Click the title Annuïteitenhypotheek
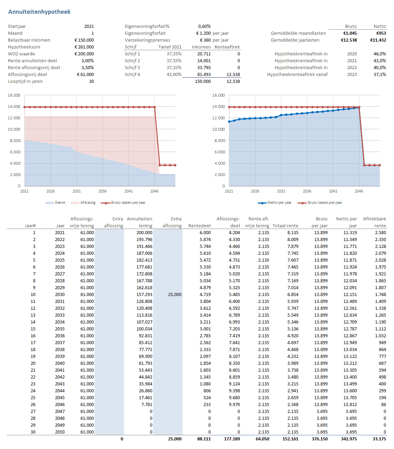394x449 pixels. pos(39,12)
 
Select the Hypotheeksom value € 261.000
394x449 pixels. pos(84,47)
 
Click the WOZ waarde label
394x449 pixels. pos(21,54)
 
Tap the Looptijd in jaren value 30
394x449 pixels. pos(91,81)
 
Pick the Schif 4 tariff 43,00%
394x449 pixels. pos(174,74)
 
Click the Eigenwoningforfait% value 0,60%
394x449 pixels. pos(204,26)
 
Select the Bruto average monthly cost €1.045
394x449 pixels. pos(350,33)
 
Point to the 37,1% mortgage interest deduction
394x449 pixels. pos(380,74)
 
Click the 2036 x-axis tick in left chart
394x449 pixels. pos(102,191)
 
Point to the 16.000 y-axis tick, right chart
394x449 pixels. pos(218,95)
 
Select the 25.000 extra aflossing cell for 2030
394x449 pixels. pos(175,294)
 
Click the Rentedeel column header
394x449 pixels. pos(199,226)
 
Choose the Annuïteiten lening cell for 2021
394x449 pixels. pos(144,232)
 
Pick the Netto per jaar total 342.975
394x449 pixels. pos(349,439)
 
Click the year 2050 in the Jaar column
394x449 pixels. pos(60,432)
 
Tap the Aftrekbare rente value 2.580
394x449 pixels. pos(380,232)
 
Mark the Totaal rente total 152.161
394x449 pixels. pos(290,439)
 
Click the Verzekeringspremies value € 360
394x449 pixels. pos(206,40)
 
